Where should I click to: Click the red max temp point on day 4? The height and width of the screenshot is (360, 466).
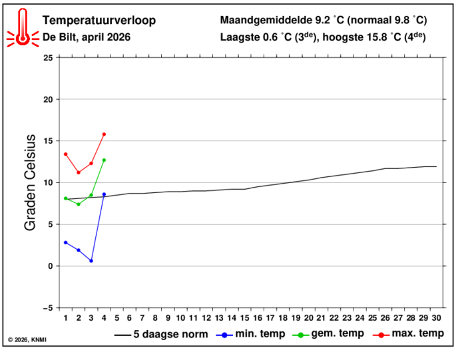104,134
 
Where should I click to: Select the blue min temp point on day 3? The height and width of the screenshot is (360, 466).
91,261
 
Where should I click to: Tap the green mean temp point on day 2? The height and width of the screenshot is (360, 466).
79,204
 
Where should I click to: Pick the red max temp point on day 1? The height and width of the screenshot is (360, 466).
66,154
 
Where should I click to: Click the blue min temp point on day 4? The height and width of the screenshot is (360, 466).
104,194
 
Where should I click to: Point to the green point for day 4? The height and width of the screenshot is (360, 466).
104,160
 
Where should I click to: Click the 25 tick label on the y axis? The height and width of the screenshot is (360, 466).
48,58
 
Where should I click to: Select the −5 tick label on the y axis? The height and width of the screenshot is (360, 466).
47,308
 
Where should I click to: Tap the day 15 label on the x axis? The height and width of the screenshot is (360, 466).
244,318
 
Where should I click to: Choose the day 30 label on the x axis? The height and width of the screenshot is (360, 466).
436,318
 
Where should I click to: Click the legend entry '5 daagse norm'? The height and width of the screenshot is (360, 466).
161,334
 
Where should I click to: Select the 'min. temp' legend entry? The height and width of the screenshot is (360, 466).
250,334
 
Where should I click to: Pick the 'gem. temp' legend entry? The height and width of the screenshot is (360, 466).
328,334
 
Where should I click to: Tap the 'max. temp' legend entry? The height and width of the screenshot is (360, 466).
408,334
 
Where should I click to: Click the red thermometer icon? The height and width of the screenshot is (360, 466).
23,27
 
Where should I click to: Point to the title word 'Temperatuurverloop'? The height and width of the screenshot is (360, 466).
99,21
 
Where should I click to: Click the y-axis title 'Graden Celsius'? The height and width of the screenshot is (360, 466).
30,183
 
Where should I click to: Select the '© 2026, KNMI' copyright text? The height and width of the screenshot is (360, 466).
27,340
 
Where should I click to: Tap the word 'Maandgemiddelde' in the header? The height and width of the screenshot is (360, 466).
266,21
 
